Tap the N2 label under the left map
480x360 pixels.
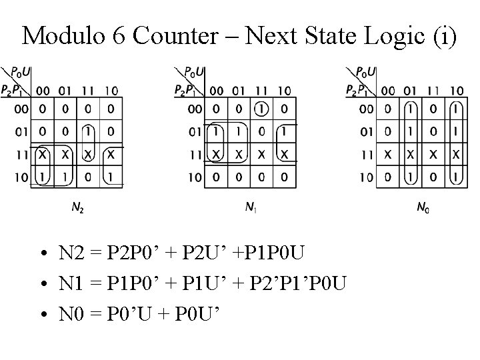point(78,208)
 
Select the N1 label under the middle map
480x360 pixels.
point(250,208)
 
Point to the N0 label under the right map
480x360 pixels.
point(423,208)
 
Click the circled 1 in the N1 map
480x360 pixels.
point(262,109)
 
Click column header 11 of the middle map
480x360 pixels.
point(262,91)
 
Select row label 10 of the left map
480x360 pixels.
point(23,177)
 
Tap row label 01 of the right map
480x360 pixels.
point(366,132)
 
